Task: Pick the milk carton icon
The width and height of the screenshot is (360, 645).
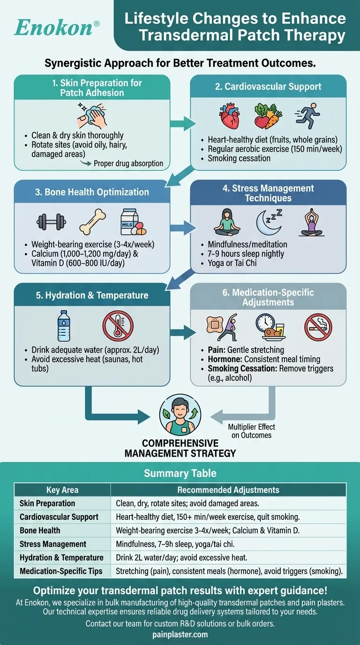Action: click(x=133, y=221)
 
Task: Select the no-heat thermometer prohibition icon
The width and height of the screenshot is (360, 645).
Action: click(x=118, y=325)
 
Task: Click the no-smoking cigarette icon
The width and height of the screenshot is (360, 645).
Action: click(x=318, y=326)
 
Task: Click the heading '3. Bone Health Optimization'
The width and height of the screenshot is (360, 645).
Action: click(x=92, y=192)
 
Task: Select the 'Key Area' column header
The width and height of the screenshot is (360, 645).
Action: click(x=62, y=490)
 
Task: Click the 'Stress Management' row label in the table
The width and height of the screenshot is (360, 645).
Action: click(x=53, y=544)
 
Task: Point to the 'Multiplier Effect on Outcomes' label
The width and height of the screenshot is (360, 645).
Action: click(x=252, y=431)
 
